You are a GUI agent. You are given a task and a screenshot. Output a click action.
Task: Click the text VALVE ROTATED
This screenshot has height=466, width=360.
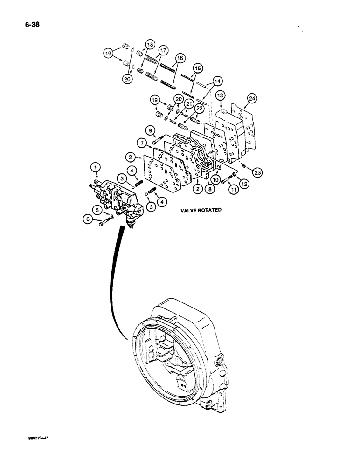[x=201, y=210]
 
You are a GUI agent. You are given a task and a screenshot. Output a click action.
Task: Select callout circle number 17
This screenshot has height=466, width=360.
[x=163, y=50]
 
